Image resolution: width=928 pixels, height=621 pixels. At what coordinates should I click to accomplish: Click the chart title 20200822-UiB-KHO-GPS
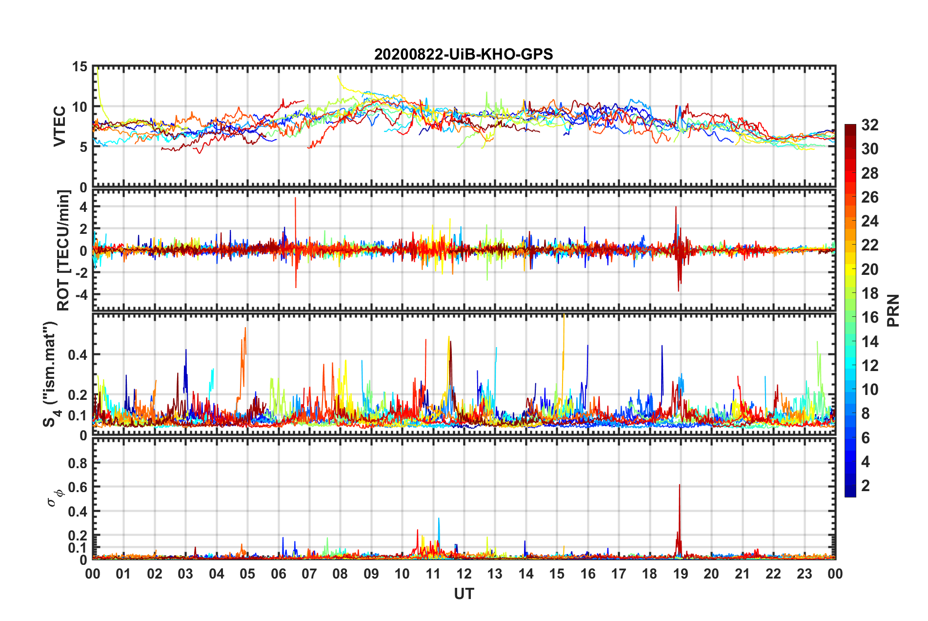point(464,54)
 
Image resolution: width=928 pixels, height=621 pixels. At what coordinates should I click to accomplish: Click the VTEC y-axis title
point(60,126)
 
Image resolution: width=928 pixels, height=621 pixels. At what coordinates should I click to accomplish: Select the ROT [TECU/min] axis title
point(63,250)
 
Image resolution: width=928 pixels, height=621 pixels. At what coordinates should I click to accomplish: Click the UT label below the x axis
point(464,594)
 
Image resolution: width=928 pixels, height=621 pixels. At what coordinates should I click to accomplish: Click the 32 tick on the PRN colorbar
point(869,125)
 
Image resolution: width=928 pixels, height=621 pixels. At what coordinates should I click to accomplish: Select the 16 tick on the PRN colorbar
point(869,317)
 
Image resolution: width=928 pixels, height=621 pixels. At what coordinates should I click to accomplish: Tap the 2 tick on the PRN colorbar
point(866,486)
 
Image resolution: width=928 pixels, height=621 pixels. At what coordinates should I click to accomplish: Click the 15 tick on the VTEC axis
point(80,67)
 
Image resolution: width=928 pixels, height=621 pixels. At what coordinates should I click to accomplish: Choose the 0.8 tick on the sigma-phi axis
point(78,463)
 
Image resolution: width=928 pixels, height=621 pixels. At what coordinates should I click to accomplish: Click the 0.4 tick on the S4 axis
point(78,355)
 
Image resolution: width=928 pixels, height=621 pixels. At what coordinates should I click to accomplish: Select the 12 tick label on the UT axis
point(464,574)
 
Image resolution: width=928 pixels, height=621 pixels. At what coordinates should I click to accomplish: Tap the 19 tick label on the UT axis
point(680,574)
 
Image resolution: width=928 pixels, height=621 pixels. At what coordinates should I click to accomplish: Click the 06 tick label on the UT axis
point(278,574)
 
